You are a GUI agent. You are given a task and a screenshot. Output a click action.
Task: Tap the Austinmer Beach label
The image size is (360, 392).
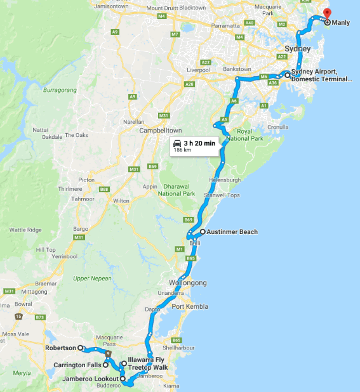pos(233,232)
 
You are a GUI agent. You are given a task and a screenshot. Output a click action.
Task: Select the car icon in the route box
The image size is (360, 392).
pos(178,143)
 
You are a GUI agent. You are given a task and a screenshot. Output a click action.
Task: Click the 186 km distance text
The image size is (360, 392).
pos(183,150)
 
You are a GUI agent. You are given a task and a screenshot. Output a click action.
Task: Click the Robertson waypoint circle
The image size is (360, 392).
pos(81,348)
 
